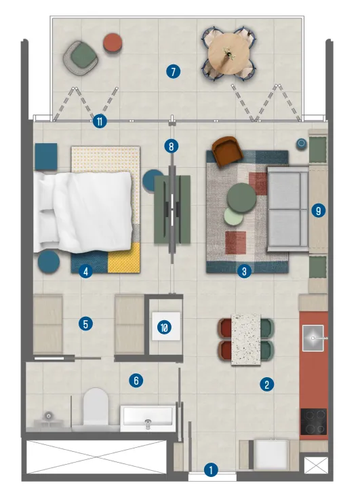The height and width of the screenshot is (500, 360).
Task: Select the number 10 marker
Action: [165, 328]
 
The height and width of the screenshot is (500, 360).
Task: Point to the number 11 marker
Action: [100, 122]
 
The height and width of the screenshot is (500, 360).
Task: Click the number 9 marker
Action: [318, 210]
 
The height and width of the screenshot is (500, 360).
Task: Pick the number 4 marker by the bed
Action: [85, 271]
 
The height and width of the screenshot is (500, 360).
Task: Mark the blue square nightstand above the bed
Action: [46, 156]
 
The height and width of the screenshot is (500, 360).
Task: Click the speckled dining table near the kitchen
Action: [247, 339]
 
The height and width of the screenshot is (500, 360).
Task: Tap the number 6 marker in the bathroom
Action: [136, 381]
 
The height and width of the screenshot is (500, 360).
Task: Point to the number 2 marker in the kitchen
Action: [267, 385]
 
